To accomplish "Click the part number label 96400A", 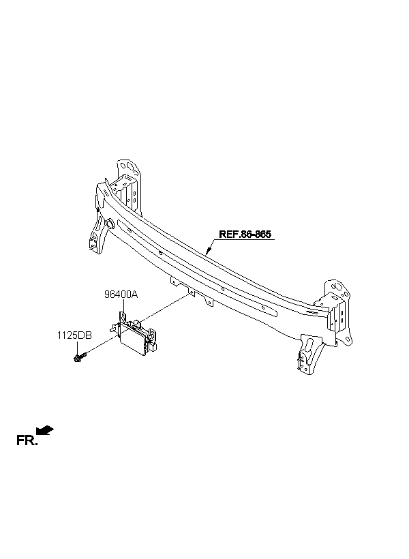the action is click(x=121, y=294).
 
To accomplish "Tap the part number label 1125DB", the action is click(x=74, y=335).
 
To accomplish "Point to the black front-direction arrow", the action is click(x=46, y=429).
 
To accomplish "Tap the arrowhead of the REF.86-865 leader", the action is click(x=207, y=254).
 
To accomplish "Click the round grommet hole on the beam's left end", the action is click(x=109, y=224).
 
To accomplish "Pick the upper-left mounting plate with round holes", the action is click(x=127, y=181).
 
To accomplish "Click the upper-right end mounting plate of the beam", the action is click(x=337, y=300).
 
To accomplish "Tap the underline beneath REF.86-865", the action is click(x=245, y=240).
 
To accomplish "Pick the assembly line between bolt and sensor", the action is click(x=99, y=346).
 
